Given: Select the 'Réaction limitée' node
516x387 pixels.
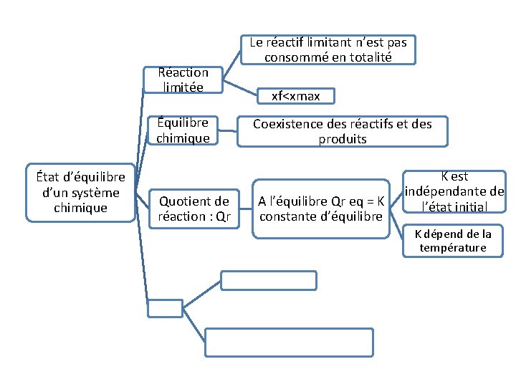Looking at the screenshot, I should pyautogui.click(x=183, y=80).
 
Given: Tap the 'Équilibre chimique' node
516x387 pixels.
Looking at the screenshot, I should pyautogui.click(x=183, y=130).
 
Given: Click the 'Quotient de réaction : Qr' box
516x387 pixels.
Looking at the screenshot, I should pyautogui.click(x=193, y=209).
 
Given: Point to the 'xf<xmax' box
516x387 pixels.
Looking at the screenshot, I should pyautogui.click(x=296, y=95).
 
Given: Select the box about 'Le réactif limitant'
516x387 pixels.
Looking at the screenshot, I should pyautogui.click(x=328, y=49).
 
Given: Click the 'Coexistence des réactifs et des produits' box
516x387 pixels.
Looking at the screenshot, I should pyautogui.click(x=343, y=131).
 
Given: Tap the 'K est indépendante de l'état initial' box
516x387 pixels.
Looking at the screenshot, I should pyautogui.click(x=454, y=191).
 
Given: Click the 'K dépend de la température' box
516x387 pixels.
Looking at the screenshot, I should pyautogui.click(x=454, y=241).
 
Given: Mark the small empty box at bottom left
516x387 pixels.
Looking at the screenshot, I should pyautogui.click(x=166, y=308).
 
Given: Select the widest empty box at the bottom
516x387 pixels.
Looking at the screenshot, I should pyautogui.click(x=290, y=342).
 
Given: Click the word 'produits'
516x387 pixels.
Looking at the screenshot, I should pyautogui.click(x=343, y=139).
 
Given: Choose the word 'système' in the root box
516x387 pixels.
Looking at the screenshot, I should pyautogui.click(x=97, y=192).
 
